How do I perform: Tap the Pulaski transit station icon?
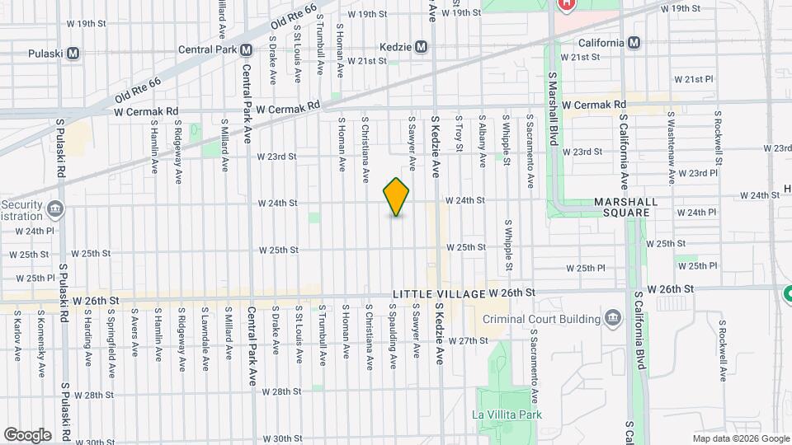73,54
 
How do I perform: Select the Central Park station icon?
246,49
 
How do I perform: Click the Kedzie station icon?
422,46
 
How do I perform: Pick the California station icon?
634,43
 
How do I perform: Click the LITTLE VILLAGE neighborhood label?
438,294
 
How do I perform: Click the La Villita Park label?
507,415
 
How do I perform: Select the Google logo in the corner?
27,434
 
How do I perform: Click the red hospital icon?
567,4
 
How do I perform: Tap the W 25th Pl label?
591,268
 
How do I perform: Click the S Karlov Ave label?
17,336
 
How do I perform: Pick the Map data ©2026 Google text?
739,438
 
